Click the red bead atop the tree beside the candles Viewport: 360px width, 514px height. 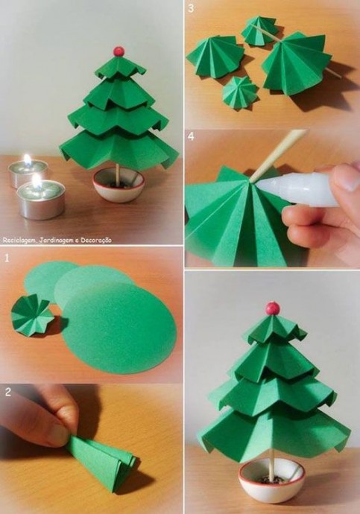(119, 51)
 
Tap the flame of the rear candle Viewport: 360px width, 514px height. (28, 159)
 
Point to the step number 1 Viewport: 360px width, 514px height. (7, 258)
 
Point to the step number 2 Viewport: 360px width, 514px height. (8, 392)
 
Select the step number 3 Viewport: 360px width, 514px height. (191, 9)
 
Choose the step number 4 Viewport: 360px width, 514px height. (191, 136)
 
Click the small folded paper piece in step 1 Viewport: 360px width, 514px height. (32, 314)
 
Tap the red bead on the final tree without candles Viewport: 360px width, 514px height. (273, 308)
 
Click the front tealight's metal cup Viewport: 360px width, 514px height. (41, 202)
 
